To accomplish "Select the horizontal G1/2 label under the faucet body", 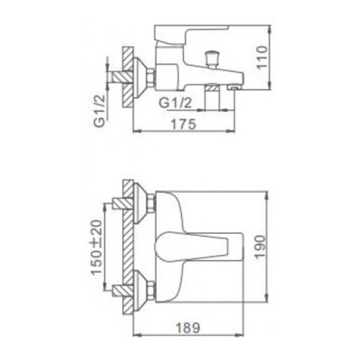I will pos(175,102).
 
